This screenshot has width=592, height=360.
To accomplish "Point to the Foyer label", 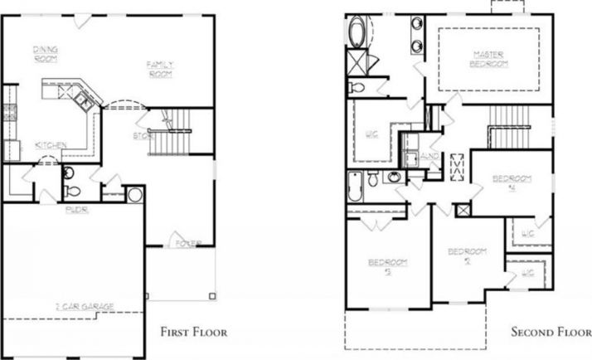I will [187, 243].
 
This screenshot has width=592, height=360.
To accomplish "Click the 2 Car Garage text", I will [86, 306].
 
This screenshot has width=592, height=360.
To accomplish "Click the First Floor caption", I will [187, 332].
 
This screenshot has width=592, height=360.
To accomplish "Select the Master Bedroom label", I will [489, 60].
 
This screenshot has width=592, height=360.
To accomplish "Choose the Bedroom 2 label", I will [466, 255].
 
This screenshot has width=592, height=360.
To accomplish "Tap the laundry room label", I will [429, 154].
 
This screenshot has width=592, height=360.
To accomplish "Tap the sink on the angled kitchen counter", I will [84, 100].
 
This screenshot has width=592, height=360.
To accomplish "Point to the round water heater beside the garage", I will [133, 197].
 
